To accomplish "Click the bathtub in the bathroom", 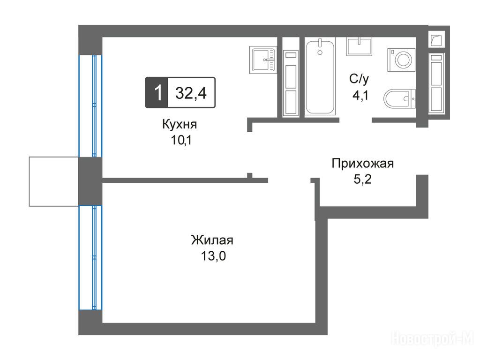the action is click(320, 77).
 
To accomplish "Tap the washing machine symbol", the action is click(401, 60).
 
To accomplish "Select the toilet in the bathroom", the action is click(399, 98).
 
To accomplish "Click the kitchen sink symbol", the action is click(263, 60).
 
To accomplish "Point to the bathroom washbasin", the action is click(359, 46).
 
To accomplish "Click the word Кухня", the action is click(180, 125).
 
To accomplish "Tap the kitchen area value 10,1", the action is click(181, 140).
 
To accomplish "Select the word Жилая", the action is click(212, 240).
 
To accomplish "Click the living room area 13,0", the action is click(213, 256).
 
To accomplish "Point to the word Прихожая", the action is click(363, 164).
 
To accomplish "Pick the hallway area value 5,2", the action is click(363, 179).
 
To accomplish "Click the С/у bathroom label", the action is click(359, 79).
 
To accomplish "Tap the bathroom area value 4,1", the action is click(360, 96).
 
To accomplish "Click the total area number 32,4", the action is click(191, 93).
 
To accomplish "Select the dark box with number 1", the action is click(157, 92).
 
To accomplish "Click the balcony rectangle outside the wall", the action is click(54, 181).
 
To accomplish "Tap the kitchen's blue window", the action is click(90, 106).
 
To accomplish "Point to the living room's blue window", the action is click(90, 258).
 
